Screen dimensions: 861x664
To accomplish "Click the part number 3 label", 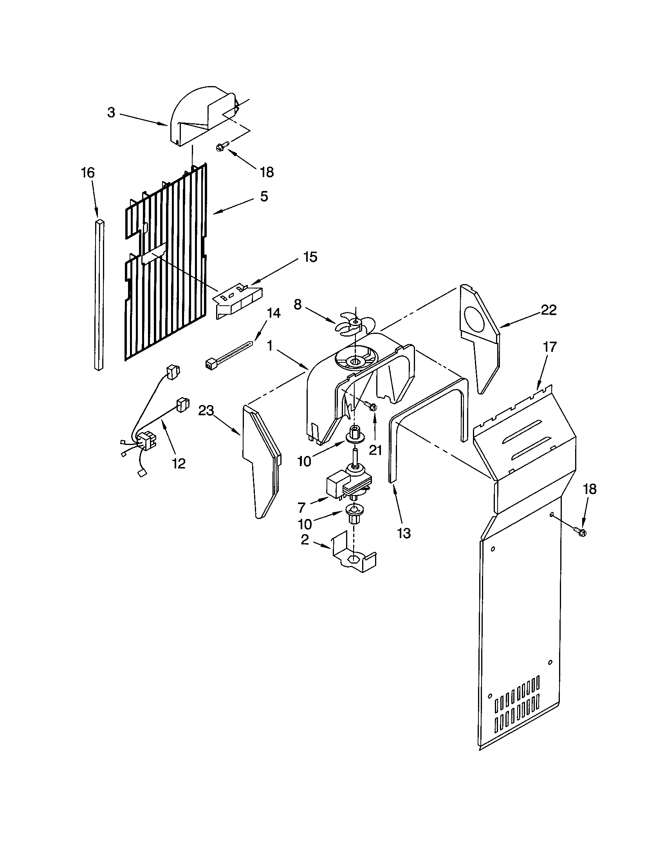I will click(111, 112).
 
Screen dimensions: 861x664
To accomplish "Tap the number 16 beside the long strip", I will click(88, 172).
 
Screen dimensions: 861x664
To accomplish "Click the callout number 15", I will click(310, 257).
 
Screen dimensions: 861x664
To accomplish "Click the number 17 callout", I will click(550, 347).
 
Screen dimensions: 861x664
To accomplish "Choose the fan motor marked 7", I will click(347, 484).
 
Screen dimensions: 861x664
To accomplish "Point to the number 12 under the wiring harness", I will click(179, 464).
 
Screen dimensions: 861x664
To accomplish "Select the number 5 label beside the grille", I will click(264, 196).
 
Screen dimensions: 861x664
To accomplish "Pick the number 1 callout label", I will click(270, 346).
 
